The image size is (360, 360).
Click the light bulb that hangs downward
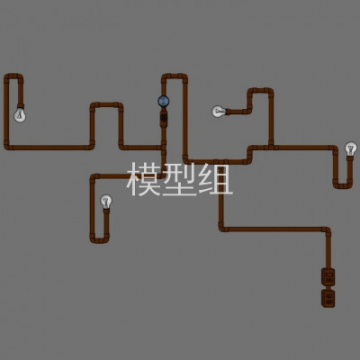click(x=20, y=115)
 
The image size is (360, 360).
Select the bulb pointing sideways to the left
click(x=218, y=112)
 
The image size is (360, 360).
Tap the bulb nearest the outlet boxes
click(x=350, y=148)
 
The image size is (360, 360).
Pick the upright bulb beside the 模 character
click(x=106, y=201)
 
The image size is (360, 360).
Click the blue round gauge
click(x=164, y=102)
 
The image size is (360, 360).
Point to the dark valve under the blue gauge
click(x=164, y=117)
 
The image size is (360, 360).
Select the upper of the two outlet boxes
click(x=328, y=276)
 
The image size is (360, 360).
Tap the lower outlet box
click(x=328, y=298)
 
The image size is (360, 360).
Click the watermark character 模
click(x=143, y=179)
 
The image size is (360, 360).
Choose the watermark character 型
click(x=179, y=179)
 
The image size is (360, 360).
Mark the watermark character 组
click(x=215, y=179)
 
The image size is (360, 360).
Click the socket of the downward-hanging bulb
click(x=21, y=106)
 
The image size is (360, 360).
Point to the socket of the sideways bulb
click(x=228, y=112)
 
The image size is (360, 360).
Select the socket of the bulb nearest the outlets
click(x=350, y=158)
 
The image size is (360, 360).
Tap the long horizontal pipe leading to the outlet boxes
click(x=274, y=229)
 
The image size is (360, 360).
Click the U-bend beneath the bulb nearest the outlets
click(x=343, y=186)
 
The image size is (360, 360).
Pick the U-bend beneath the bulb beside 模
click(x=99, y=240)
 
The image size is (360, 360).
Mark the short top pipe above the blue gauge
click(x=175, y=76)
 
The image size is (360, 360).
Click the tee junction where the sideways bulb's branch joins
click(x=271, y=147)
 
